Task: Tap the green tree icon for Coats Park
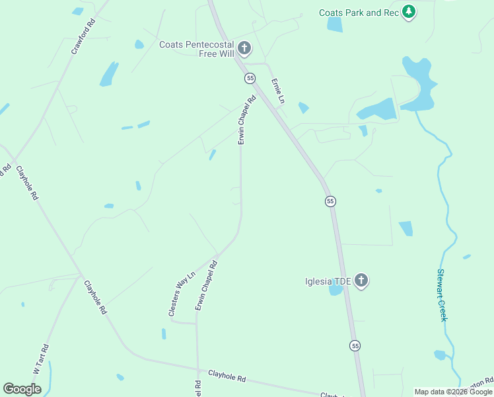point(409,12)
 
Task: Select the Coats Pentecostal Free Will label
point(196,49)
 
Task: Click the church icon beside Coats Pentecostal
point(245,48)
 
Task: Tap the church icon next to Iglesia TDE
point(361,281)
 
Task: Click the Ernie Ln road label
point(277,91)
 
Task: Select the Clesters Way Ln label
point(182,294)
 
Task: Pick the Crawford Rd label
point(83,37)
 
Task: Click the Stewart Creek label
point(442,295)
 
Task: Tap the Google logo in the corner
point(22,389)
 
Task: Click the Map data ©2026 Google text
point(453,392)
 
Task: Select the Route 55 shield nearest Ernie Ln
point(250,78)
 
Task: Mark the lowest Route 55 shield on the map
point(355,346)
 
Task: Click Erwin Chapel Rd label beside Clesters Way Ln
point(206,286)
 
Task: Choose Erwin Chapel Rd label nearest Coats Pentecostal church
point(246,121)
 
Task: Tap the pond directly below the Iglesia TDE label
point(335,290)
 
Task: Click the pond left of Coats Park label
point(335,24)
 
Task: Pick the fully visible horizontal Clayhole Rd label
point(227,376)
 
